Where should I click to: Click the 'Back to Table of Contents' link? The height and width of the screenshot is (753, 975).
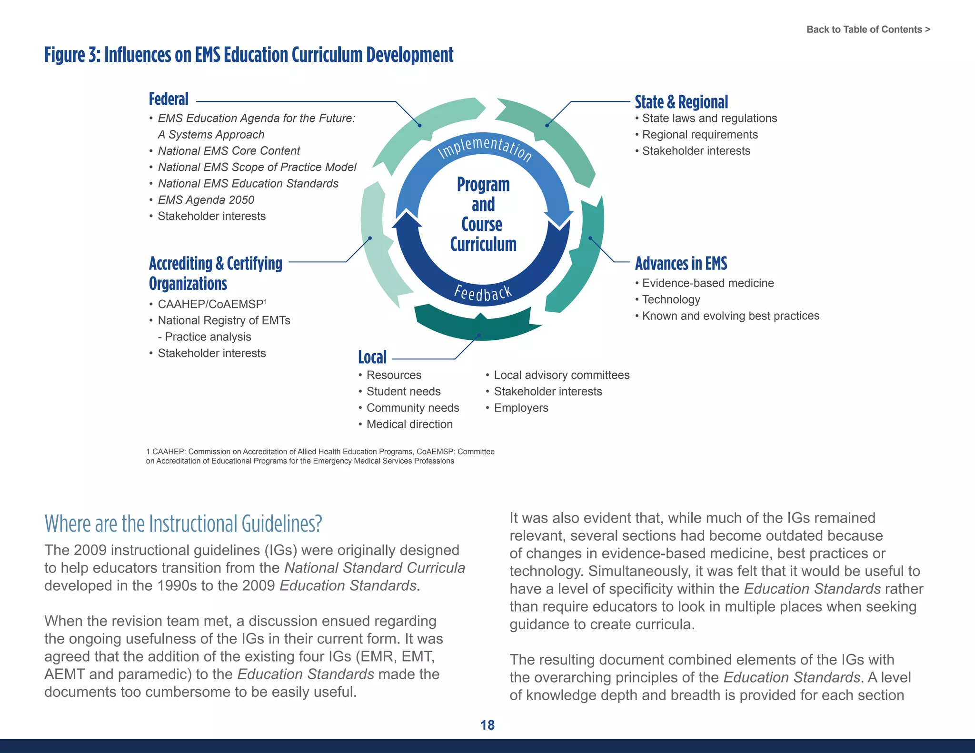(868, 30)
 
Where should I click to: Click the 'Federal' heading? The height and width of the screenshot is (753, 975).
(169, 99)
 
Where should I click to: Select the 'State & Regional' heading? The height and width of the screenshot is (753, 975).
(681, 102)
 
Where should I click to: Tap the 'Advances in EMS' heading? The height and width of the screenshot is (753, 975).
(681, 263)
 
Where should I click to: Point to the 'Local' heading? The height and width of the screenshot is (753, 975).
(372, 357)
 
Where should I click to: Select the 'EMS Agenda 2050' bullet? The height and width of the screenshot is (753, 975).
(206, 200)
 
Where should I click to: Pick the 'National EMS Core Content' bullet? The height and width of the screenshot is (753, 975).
(229, 151)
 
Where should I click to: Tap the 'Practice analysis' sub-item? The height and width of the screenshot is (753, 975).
(204, 337)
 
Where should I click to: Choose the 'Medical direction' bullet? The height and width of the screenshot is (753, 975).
(409, 424)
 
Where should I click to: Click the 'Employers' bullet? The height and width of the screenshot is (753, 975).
(521, 408)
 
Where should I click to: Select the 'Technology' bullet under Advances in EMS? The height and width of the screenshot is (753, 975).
(671, 299)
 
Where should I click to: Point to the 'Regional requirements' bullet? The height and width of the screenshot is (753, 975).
(700, 135)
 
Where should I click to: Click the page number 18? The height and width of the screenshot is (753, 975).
(487, 725)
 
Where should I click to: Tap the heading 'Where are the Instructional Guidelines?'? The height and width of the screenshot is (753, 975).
(183, 524)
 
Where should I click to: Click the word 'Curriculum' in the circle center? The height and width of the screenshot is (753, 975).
(483, 244)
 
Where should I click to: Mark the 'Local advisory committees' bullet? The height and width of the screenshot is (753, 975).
(562, 375)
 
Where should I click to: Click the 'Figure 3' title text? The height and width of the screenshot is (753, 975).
(249, 55)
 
